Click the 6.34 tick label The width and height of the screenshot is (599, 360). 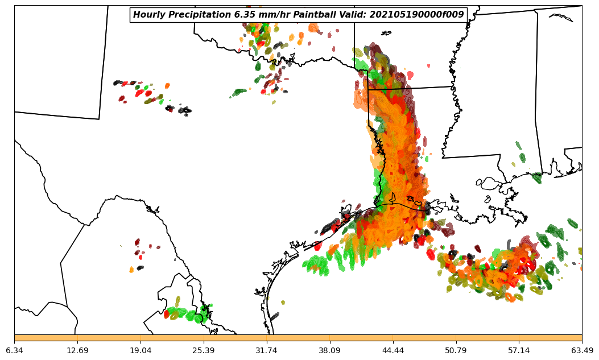[x=14, y=350]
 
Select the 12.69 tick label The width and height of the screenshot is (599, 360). [x=77, y=350]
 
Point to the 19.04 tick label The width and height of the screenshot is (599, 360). [x=141, y=350]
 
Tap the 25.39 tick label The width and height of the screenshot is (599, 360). [x=204, y=350]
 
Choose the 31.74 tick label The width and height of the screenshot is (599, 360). [x=267, y=350]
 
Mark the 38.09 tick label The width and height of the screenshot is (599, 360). [x=330, y=350]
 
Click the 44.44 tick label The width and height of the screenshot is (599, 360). [x=393, y=350]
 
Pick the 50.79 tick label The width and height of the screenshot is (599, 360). [x=456, y=350]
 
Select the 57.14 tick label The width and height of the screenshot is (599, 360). [x=519, y=350]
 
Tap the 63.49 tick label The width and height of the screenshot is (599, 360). [x=582, y=350]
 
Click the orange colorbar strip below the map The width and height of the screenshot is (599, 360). [x=298, y=338]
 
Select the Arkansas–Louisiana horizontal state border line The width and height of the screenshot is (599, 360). [x=410, y=88]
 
